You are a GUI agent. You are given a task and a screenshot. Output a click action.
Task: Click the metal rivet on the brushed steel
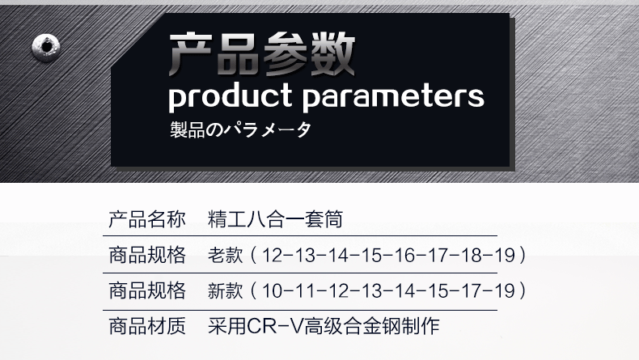[x=46, y=48]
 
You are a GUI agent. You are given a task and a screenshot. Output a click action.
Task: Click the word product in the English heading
[x=231, y=97]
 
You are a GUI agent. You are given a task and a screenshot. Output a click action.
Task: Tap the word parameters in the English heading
[x=394, y=97]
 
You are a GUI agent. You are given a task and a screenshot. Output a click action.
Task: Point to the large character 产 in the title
[x=190, y=54]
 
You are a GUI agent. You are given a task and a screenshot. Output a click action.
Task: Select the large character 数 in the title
[x=332, y=54]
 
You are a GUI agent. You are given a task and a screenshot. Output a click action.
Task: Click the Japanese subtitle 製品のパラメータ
[x=241, y=129]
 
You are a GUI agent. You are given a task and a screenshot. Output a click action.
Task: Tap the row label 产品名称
[x=147, y=219]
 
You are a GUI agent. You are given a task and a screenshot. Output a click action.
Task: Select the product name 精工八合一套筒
[x=276, y=219]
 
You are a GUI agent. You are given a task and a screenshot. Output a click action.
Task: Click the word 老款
[x=226, y=255]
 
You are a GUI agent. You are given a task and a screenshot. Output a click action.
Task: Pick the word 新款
[x=226, y=291]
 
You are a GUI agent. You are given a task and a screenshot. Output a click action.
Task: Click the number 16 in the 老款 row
[x=404, y=255]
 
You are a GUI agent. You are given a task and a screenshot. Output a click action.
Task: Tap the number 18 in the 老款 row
[x=471, y=255]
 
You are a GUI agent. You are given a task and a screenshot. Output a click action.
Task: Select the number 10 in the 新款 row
[x=272, y=291]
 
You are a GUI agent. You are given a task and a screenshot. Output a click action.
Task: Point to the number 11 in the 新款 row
[x=304, y=291]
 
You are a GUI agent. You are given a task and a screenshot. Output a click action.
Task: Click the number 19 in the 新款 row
[x=505, y=291]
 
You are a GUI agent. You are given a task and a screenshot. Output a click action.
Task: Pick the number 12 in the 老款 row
[x=272, y=255]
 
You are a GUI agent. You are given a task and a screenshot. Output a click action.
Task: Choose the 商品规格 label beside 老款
[x=147, y=255]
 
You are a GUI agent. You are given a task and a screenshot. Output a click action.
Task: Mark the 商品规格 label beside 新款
[x=147, y=291]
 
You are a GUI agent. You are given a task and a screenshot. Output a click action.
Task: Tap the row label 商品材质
[x=147, y=327]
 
